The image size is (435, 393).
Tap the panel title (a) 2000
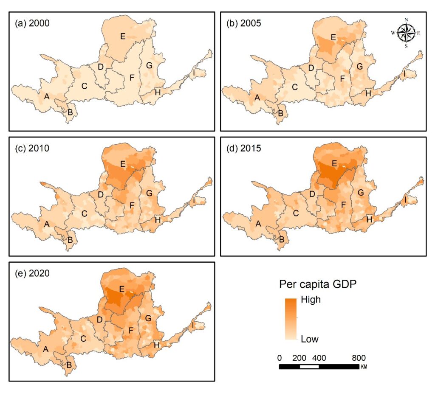[x=32, y=23]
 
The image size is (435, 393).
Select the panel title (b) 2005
[x=243, y=23]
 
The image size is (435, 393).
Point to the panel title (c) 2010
[x=32, y=148]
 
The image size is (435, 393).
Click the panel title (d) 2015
[x=243, y=148]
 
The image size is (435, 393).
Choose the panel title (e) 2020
[x=32, y=273]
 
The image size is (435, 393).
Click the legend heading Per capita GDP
[x=318, y=284]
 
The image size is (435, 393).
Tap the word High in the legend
[x=311, y=299]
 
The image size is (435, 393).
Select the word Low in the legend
[x=310, y=339]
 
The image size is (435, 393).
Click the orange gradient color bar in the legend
[x=291, y=319]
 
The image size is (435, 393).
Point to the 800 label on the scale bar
[x=359, y=358]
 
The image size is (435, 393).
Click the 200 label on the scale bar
[x=299, y=358]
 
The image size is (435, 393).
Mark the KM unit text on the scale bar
[x=364, y=367]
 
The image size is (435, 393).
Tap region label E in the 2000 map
[x=123, y=36]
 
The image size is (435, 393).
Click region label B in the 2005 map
[x=280, y=113]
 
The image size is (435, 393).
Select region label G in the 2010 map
[x=149, y=193]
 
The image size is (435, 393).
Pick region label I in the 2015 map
[x=405, y=199]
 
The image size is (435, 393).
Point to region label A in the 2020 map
[x=46, y=349]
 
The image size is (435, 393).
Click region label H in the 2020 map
[x=157, y=345]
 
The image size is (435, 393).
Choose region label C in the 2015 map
[x=296, y=213]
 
